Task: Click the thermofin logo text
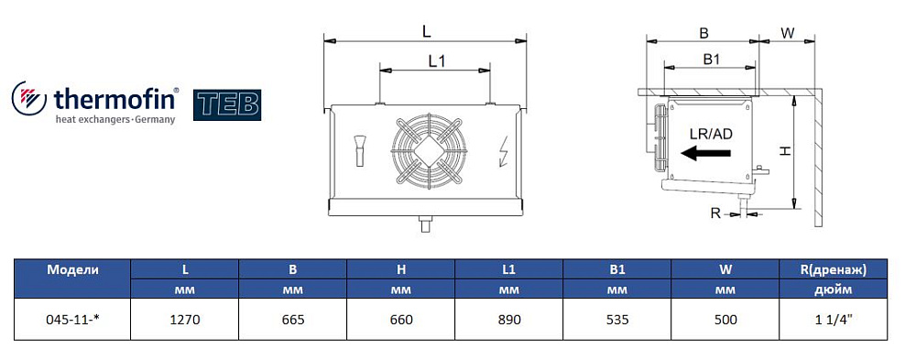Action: (x=115, y=99)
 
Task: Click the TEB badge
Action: (x=226, y=105)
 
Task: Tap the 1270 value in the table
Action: (x=185, y=321)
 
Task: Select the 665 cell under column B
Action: (x=293, y=321)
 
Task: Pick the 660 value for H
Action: (x=401, y=321)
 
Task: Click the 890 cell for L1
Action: (x=508, y=321)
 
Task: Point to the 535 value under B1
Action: (x=616, y=321)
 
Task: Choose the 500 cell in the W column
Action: (x=725, y=321)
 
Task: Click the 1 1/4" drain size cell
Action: (x=834, y=321)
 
